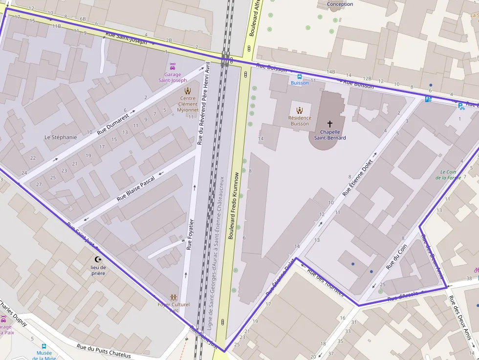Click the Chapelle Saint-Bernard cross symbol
(329, 124)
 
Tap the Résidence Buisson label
(300, 121)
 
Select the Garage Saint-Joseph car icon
(172, 66)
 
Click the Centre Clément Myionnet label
(188, 104)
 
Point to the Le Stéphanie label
(61, 137)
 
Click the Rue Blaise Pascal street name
(136, 189)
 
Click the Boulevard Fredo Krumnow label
(234, 205)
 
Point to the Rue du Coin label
(396, 257)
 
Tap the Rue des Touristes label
(326, 282)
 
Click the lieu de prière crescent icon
(98, 259)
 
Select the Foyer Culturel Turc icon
(173, 297)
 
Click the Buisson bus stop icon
(300, 76)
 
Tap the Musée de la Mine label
(44, 355)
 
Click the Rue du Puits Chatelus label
(104, 351)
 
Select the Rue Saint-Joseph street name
(126, 38)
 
